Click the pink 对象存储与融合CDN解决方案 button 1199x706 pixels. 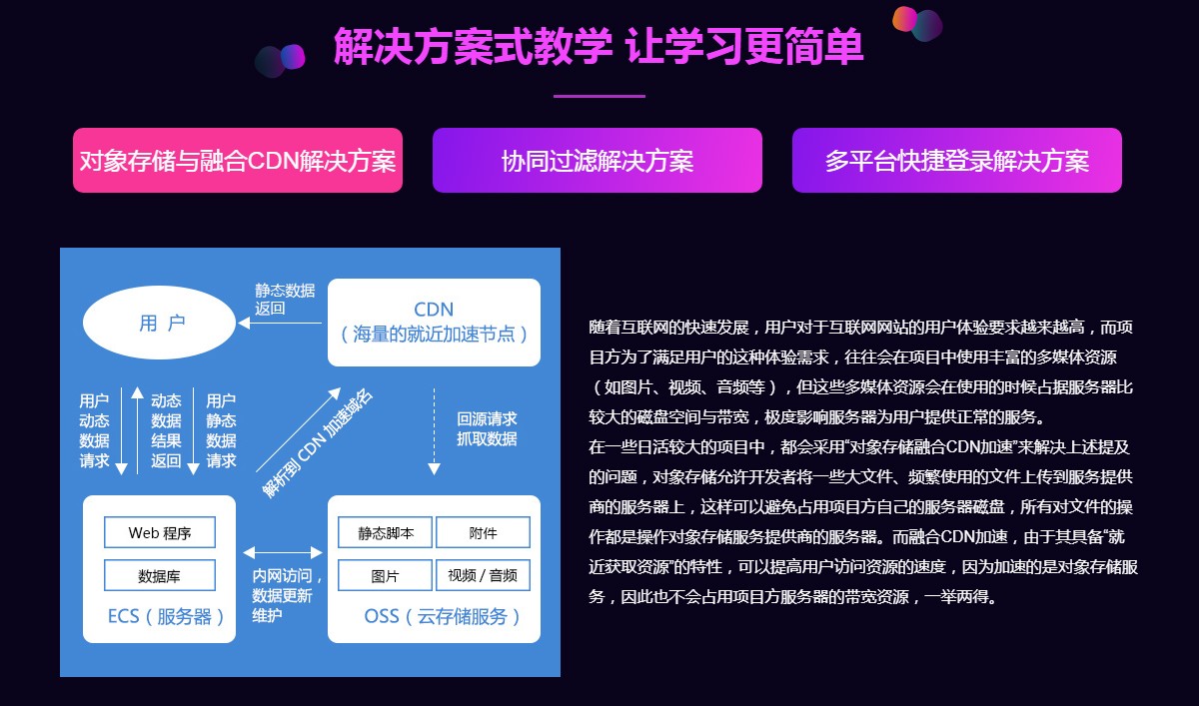tap(238, 160)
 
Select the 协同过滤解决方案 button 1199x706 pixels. tap(598, 160)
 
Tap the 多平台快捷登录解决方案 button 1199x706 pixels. tap(956, 160)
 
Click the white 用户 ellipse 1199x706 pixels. tap(162, 323)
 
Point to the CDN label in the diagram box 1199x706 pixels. tap(434, 309)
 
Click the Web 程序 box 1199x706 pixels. tap(160, 532)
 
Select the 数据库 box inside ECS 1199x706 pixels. tap(160, 575)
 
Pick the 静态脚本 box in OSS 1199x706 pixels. tap(385, 532)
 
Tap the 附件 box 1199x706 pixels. tap(483, 532)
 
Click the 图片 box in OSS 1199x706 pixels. tap(385, 575)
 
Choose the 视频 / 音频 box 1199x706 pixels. tap(483, 575)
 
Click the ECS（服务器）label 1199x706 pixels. tap(160, 616)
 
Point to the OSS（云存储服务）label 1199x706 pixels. tap(434, 616)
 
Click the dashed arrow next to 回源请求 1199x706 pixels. tap(435, 429)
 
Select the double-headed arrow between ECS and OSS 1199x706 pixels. tap(282, 551)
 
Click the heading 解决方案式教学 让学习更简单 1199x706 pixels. tap(599, 47)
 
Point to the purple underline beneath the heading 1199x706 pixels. tap(599, 96)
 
